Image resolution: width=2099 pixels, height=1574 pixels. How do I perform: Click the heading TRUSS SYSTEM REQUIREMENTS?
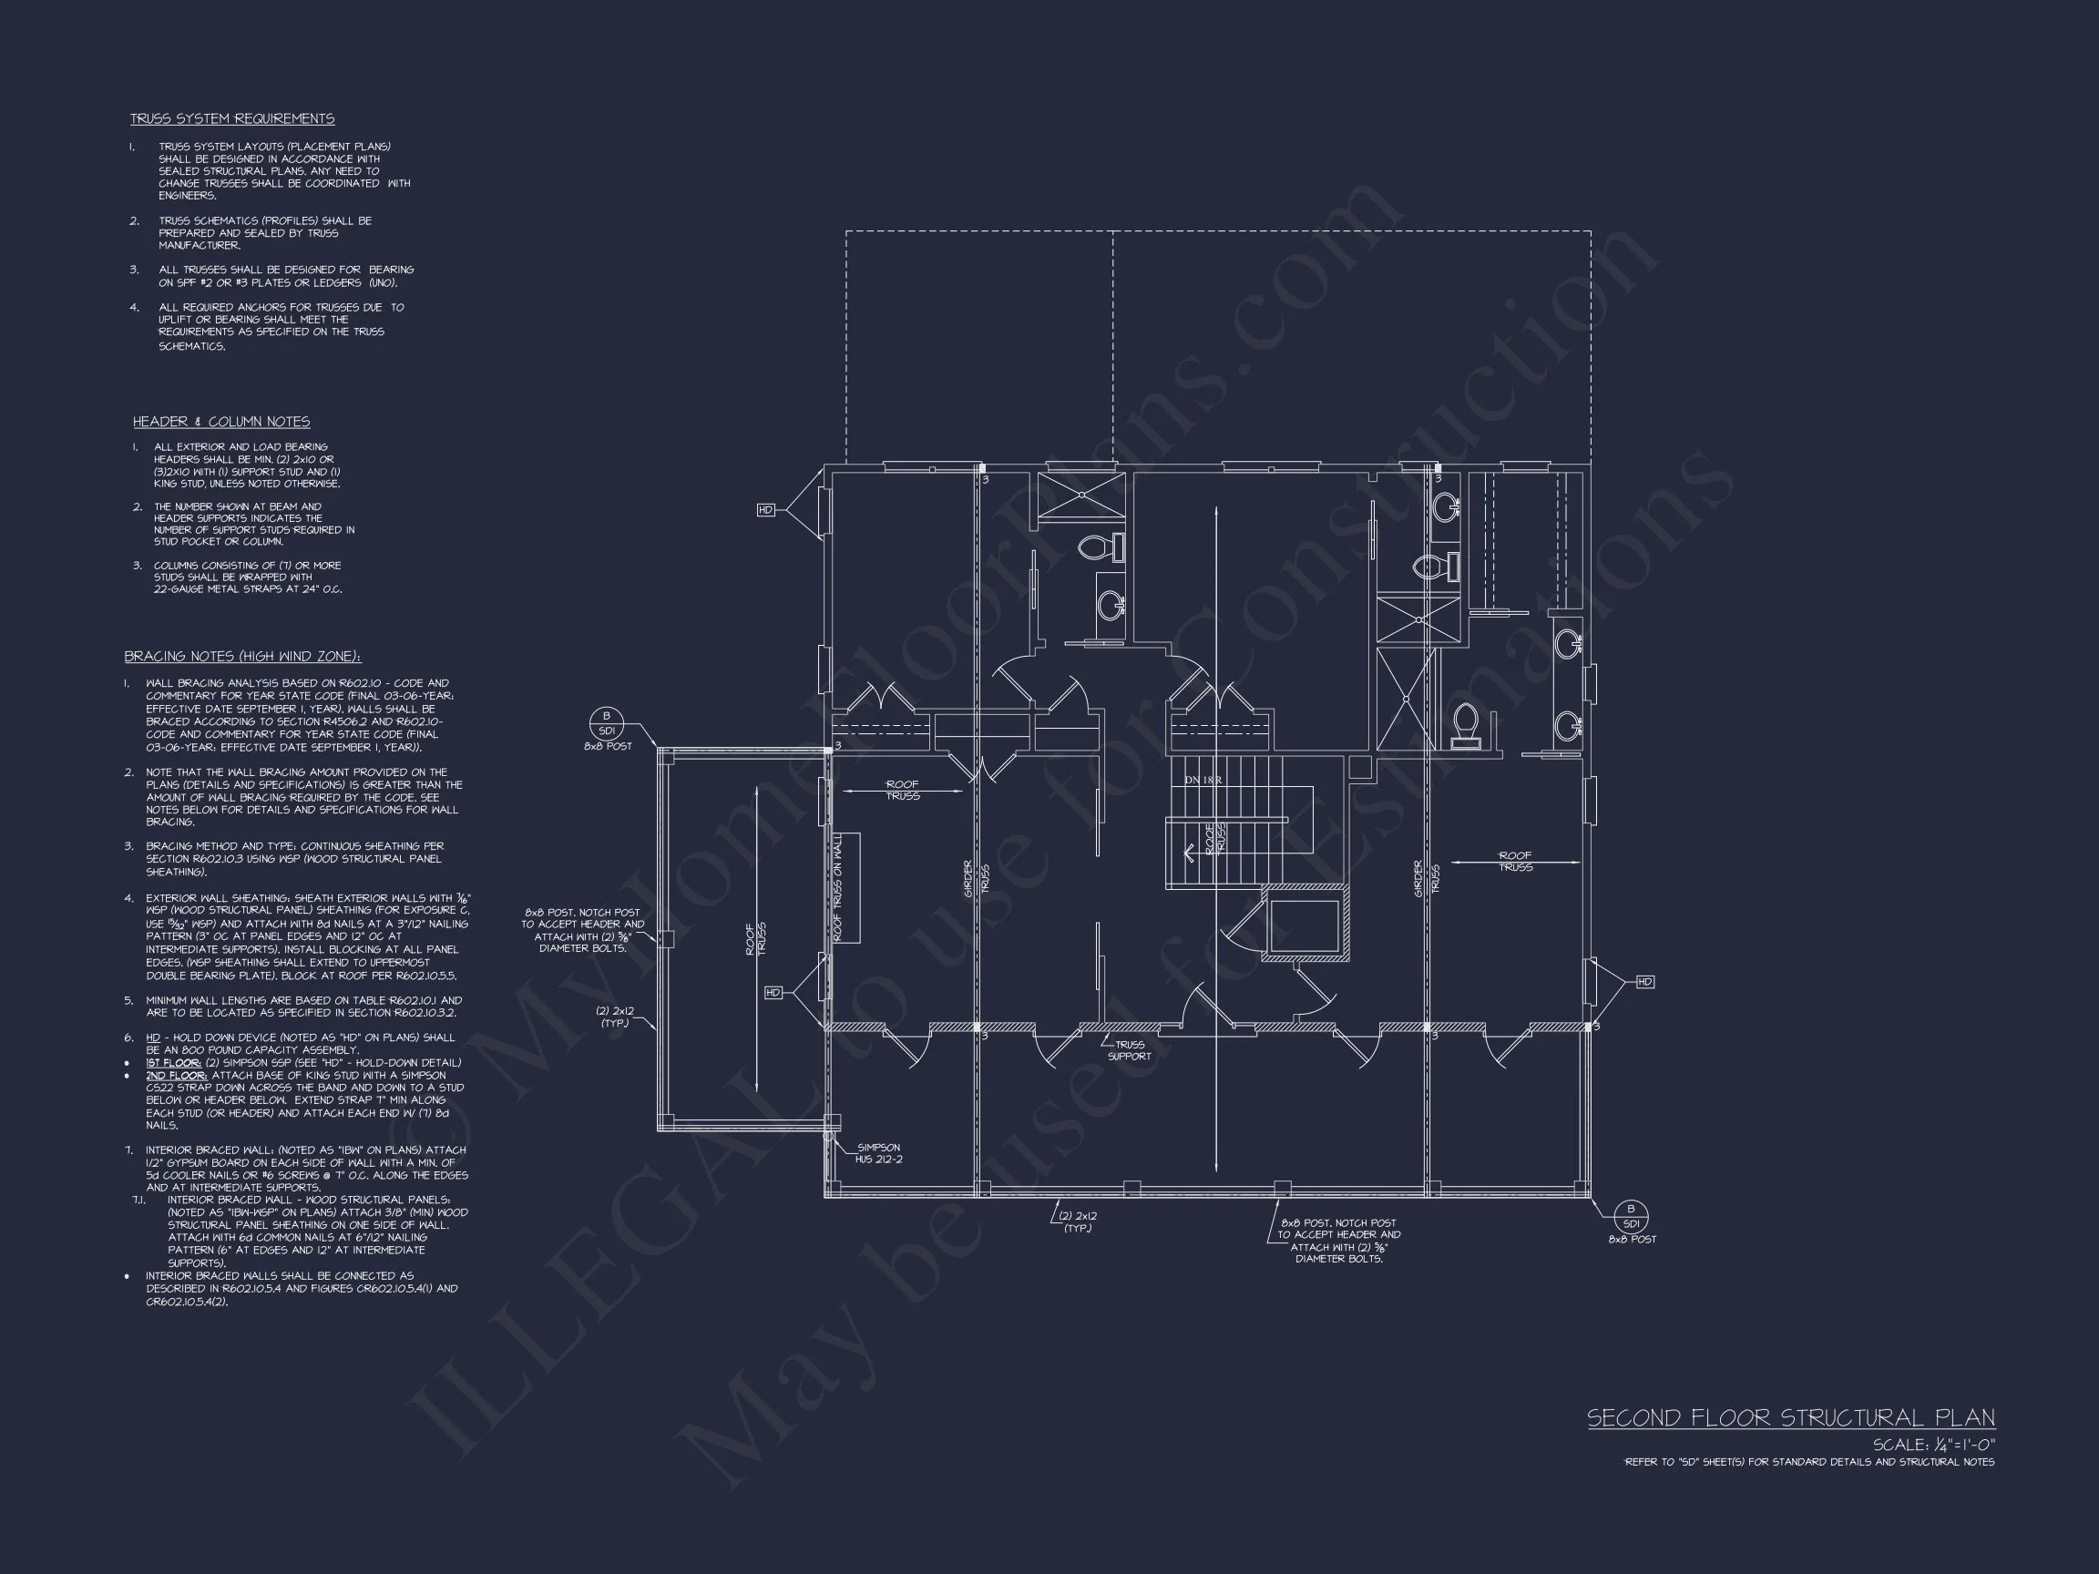pyautogui.click(x=231, y=118)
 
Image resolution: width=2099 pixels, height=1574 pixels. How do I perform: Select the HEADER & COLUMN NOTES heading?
pyautogui.click(x=221, y=421)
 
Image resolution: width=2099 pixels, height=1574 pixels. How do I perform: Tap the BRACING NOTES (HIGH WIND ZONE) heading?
pyautogui.click(x=242, y=657)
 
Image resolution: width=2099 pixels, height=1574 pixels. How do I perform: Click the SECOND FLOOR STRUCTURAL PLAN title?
pyautogui.click(x=1790, y=1418)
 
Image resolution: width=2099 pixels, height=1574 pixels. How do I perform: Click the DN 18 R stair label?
pyautogui.click(x=1203, y=780)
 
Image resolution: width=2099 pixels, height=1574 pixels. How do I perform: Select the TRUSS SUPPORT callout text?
pyautogui.click(x=1129, y=1050)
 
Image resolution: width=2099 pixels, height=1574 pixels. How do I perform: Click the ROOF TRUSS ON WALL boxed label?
pyautogui.click(x=839, y=888)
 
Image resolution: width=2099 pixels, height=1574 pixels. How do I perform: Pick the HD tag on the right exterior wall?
pyautogui.click(x=1644, y=982)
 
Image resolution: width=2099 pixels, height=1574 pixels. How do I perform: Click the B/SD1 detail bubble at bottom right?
pyautogui.click(x=1631, y=1215)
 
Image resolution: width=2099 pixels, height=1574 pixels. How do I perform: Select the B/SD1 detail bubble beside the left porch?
pyautogui.click(x=607, y=723)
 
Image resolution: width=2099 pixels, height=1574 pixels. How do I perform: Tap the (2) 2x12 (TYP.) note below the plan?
pyautogui.click(x=1078, y=1222)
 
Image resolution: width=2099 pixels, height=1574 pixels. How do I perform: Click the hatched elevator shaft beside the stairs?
pyautogui.click(x=1305, y=925)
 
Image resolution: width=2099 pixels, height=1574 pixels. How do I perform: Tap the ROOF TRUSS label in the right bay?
pyautogui.click(x=1515, y=862)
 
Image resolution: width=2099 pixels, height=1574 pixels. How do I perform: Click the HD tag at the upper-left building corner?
pyautogui.click(x=766, y=510)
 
